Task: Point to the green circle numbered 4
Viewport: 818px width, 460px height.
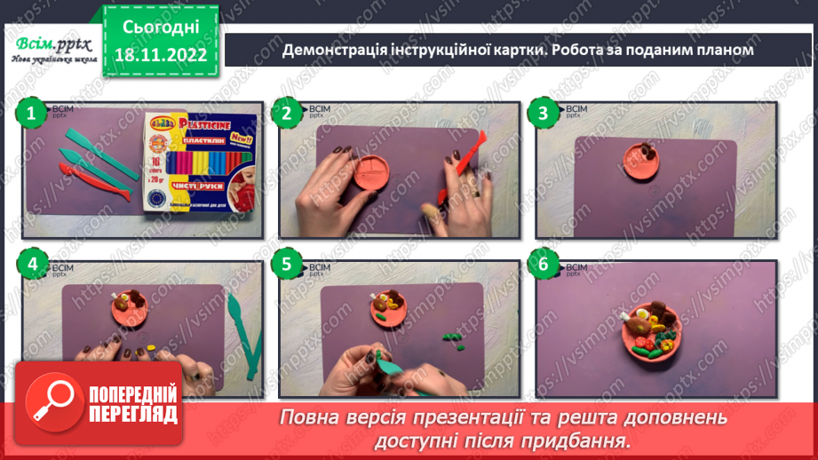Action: coord(32,264)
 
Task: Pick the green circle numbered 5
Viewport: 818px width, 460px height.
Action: coord(287,264)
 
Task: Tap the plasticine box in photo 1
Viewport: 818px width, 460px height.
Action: coord(197,163)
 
